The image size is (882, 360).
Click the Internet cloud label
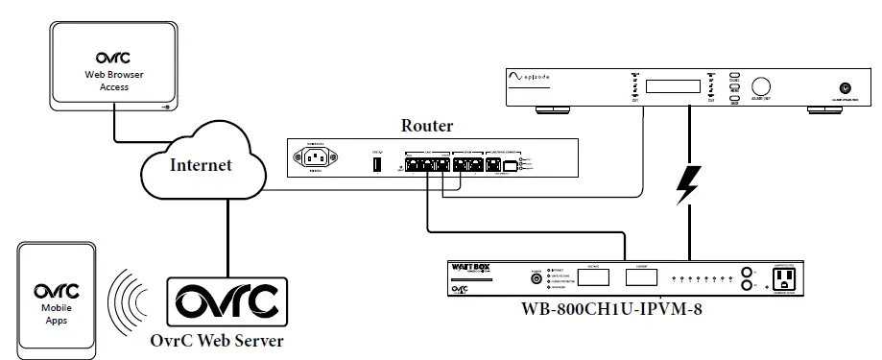click(201, 165)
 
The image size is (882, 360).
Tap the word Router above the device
click(427, 126)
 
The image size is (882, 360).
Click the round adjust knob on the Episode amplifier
click(764, 85)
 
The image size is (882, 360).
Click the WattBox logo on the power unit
click(469, 271)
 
